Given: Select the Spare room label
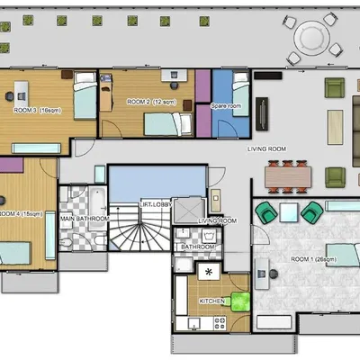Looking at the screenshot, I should (226, 106).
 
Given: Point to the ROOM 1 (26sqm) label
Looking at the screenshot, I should (312, 258).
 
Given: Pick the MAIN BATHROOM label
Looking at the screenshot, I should (85, 219).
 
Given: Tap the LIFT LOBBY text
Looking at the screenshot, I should (158, 205).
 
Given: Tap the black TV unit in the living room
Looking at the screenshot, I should (262, 112).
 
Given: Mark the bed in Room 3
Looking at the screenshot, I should (83, 98).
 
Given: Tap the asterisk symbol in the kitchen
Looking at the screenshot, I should (209, 270).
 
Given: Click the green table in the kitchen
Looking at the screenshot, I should (238, 301).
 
